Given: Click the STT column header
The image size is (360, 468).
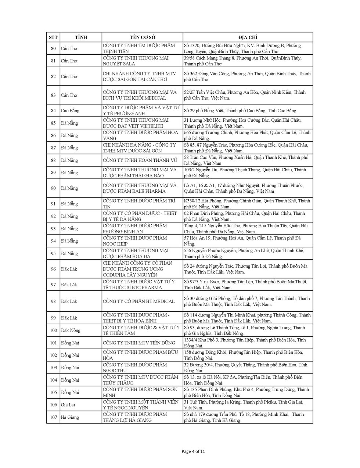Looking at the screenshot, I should point(53,37).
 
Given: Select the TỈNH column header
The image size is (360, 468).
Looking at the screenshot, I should point(81,37).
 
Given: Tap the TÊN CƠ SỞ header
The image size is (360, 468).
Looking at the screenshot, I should point(142,37).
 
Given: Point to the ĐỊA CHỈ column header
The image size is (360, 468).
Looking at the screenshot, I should point(248,37).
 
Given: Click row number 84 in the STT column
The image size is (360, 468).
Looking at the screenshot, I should point(53,111).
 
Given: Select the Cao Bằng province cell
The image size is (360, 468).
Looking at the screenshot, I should point(70,111).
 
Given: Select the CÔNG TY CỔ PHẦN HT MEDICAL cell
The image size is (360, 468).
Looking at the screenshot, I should point(139,301).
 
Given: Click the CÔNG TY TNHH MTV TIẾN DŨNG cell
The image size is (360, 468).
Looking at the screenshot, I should point(139,343).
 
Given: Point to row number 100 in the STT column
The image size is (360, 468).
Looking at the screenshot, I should point(53,331).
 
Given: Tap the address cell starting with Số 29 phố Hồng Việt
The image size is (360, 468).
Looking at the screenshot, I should point(241,111).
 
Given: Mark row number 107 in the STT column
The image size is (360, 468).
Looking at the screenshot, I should point(53,417).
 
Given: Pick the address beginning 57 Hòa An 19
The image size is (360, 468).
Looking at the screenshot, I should point(242,241).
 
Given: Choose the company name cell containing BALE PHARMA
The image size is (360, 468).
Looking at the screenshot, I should point(140,188).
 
